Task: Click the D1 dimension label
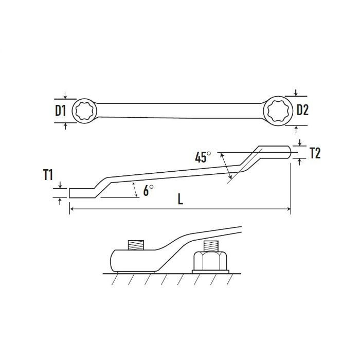tap(60, 111)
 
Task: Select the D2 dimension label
tap(302, 110)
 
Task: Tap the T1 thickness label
tap(48, 175)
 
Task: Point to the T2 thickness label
tap(315, 153)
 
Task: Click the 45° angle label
tap(203, 157)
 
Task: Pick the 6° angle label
tap(148, 190)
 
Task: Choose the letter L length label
tap(181, 199)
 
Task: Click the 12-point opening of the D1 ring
tap(84, 111)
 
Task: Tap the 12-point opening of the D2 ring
tap(278, 111)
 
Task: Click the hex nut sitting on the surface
tap(210, 261)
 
